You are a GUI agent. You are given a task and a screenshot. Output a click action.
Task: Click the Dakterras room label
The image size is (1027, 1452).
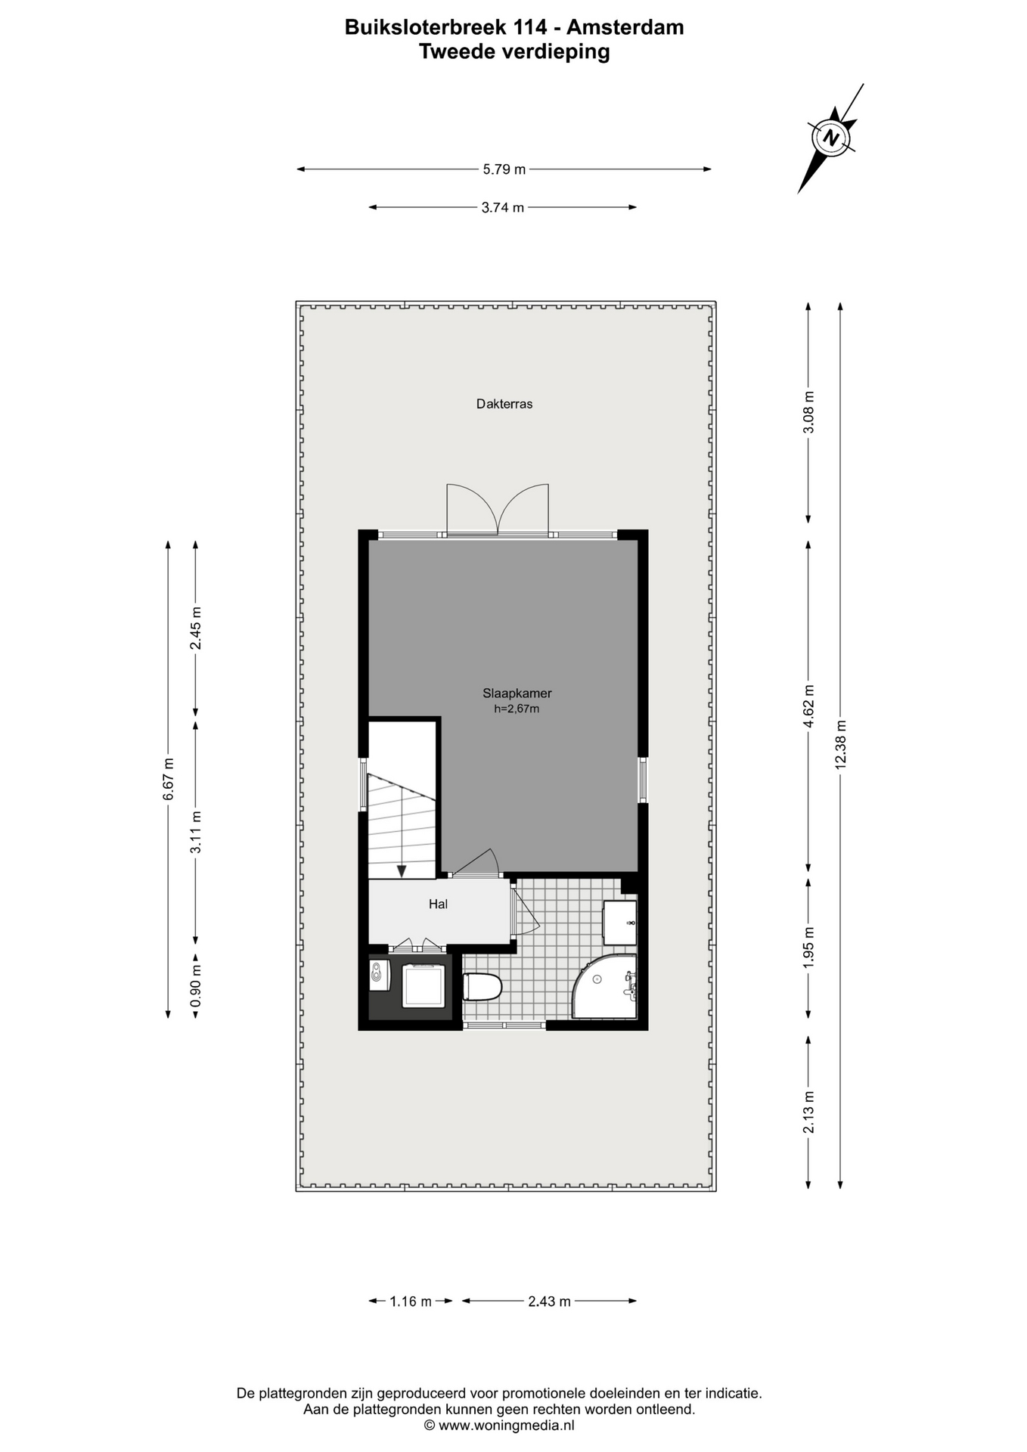tap(504, 404)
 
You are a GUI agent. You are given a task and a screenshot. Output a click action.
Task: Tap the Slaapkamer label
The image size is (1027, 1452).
tap(517, 693)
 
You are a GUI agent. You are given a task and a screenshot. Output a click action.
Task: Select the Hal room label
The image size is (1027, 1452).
tap(438, 904)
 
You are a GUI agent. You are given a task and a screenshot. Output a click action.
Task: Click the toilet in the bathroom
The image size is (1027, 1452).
tap(482, 987)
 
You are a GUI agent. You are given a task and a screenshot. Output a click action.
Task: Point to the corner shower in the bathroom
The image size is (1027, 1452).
tap(605, 986)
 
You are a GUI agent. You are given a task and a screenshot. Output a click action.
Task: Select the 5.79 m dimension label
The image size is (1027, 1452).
tap(504, 169)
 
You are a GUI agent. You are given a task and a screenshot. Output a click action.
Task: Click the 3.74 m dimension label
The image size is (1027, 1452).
tap(503, 207)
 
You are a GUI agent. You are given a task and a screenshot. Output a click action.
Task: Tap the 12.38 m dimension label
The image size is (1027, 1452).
tap(840, 745)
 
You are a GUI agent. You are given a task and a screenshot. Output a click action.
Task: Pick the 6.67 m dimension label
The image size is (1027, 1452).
tap(169, 779)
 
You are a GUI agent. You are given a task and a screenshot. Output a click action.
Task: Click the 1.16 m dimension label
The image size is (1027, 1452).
tap(411, 1302)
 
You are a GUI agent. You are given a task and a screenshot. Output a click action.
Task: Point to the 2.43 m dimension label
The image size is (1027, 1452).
tap(549, 1302)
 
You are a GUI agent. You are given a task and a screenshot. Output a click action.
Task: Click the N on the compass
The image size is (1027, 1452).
tap(832, 138)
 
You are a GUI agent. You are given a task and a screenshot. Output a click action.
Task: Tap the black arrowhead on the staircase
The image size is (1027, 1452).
tap(402, 871)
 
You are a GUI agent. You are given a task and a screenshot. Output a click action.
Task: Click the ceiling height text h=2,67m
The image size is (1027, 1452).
tap(517, 709)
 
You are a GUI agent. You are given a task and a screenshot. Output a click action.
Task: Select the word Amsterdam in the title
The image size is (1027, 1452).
tap(625, 27)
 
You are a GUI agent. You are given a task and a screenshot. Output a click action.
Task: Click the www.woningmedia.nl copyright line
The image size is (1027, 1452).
tap(499, 1426)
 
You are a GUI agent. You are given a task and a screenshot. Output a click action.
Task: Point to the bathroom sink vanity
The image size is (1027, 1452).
tap(619, 923)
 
